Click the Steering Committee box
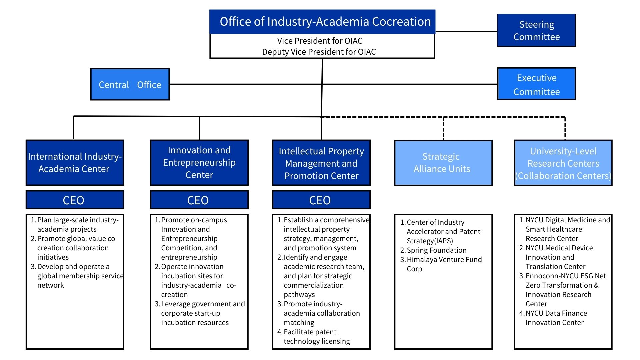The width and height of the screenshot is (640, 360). (x=536, y=30)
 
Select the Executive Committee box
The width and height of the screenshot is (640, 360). (x=536, y=84)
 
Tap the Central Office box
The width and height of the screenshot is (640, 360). (x=130, y=84)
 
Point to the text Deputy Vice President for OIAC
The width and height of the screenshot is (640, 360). (x=319, y=52)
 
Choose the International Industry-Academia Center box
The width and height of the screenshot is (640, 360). (x=75, y=163)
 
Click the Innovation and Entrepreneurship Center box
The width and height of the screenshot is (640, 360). (x=199, y=163)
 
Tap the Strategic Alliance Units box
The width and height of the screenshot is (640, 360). (x=443, y=163)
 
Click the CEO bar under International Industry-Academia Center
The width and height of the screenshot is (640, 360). (x=75, y=200)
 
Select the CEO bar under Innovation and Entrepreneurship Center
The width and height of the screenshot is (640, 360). (x=199, y=200)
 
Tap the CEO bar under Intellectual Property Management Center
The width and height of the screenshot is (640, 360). (x=321, y=200)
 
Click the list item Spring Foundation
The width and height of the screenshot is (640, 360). (x=436, y=250)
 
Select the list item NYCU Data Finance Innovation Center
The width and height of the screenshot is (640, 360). (x=556, y=318)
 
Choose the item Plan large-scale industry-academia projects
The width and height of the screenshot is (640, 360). (x=77, y=225)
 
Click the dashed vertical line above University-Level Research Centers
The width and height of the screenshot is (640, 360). (x=565, y=128)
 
